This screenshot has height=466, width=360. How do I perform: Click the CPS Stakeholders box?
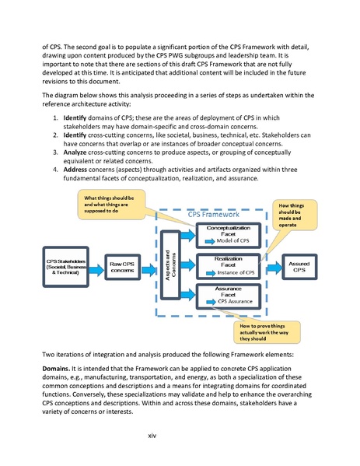(x=65, y=266)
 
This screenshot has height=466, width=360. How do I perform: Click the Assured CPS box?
(x=299, y=266)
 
